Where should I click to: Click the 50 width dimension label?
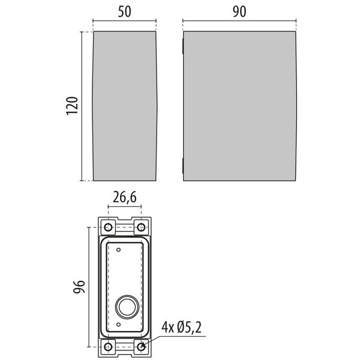pos(124,11)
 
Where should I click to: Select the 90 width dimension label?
pos(238,11)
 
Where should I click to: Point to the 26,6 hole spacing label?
pos(124,196)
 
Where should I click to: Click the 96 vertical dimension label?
pos(78,287)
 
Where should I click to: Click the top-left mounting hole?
pos(108,227)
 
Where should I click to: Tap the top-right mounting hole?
pos(141,227)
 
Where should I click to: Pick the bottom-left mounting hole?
pos(108,346)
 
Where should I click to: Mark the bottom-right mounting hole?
pos(141,346)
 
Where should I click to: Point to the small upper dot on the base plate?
pos(119,249)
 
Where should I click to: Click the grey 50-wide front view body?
pos(124,105)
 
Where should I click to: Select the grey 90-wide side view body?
pos(238,105)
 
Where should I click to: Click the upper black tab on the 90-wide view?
pos(182,44)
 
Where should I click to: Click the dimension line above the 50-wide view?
pos(124,23)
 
